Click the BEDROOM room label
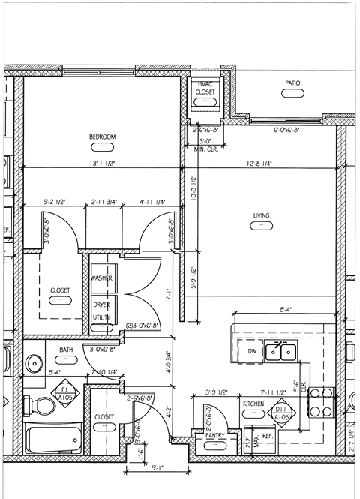coord(102,137)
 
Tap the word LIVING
coord(261,216)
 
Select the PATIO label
coord(292,83)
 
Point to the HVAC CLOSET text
coord(205,88)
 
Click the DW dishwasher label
coord(252,350)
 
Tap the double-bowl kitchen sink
coord(286,350)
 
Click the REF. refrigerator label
coord(267,434)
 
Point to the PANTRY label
coord(215,434)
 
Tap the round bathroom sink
coord(34,364)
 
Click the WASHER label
coord(102,278)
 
